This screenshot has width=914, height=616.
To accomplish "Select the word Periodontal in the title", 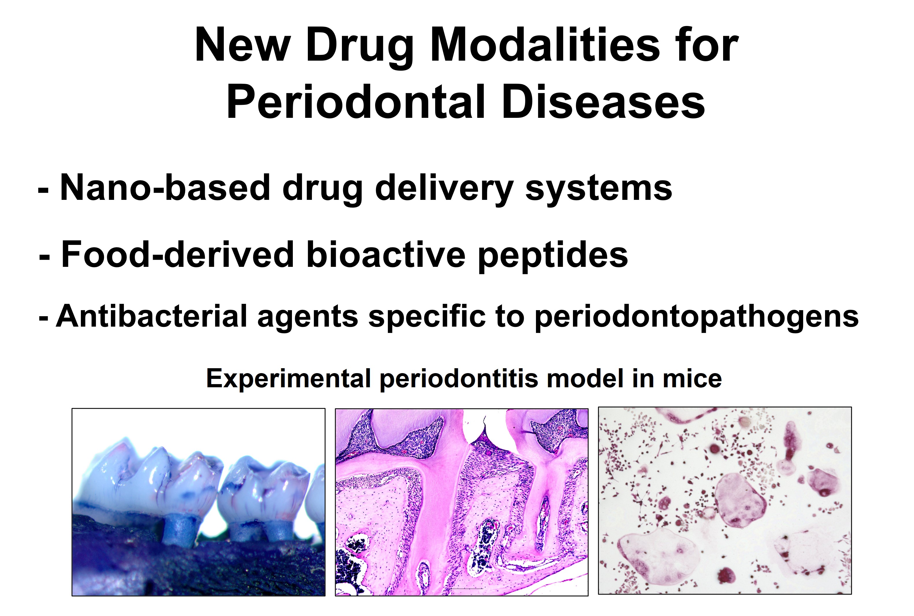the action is [x=356, y=101].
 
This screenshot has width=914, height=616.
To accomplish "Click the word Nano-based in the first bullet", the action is [x=165, y=187].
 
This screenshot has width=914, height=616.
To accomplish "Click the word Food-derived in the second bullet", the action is [x=178, y=254].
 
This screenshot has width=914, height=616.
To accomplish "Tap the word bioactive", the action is [x=386, y=254].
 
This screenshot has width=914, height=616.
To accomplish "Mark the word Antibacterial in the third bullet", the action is [x=152, y=316].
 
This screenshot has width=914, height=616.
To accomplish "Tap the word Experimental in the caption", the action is [x=288, y=379].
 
